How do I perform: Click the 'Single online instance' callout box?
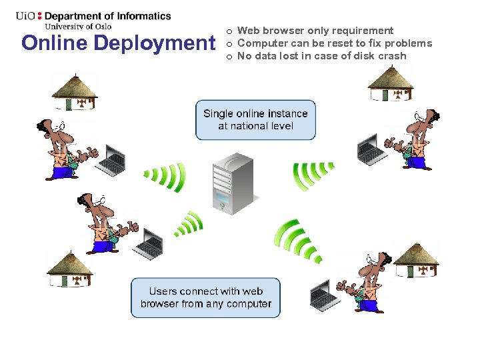tap(255, 120)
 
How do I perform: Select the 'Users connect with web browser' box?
tap(205, 297)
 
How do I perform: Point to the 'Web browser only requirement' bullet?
tap(315, 31)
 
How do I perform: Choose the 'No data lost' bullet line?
tap(321, 56)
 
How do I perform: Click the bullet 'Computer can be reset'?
tap(334, 43)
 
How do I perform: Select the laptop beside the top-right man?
tap(371, 150)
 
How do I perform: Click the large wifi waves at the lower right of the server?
tap(297, 241)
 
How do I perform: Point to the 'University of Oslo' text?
tap(77, 27)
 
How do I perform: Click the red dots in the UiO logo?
tap(39, 15)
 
